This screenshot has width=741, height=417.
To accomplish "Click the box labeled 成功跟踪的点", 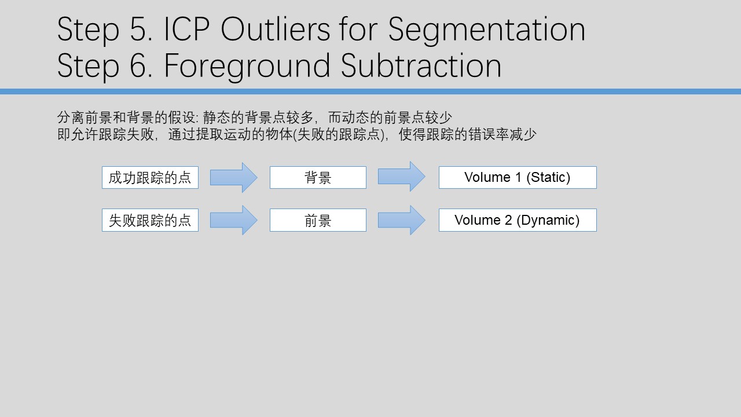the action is [150, 177].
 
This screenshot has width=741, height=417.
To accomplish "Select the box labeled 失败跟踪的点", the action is [150, 220].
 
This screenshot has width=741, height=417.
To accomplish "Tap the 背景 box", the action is [318, 177].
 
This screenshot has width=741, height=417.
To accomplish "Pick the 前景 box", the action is [318, 220].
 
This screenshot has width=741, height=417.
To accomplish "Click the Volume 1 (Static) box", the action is [518, 177].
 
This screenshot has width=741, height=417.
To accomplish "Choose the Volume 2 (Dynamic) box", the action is [518, 220].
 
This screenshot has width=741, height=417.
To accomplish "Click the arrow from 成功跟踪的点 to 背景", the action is [234, 177].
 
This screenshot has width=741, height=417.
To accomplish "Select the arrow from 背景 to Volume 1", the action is [402, 177].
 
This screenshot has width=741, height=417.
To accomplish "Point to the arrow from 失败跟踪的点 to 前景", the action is [234, 220].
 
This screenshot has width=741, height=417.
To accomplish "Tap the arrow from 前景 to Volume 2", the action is [402, 220].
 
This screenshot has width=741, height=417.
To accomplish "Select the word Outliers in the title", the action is [275, 29].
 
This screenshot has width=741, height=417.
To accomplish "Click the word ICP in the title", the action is [186, 29].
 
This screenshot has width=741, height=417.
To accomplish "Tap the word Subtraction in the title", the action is [421, 65].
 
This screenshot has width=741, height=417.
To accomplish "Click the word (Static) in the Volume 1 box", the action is [548, 177].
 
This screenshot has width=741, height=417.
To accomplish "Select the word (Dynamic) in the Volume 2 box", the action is [548, 221].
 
